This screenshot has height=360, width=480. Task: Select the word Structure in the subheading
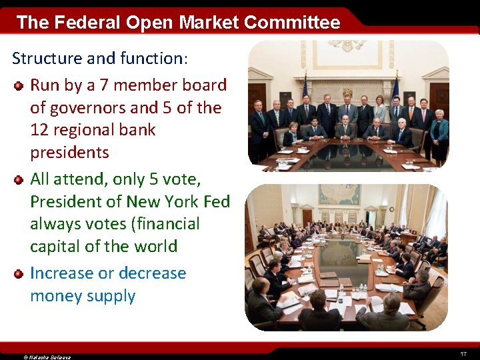[47, 58]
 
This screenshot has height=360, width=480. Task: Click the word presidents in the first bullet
[69, 152]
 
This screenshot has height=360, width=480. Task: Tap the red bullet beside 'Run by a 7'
[19, 86]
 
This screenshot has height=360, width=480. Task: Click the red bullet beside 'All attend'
[19, 180]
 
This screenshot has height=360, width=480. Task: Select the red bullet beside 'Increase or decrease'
[19, 273]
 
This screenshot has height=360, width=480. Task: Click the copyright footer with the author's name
[47, 357]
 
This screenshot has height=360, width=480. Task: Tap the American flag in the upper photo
[305, 87]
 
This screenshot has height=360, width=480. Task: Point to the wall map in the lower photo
[339, 194]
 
